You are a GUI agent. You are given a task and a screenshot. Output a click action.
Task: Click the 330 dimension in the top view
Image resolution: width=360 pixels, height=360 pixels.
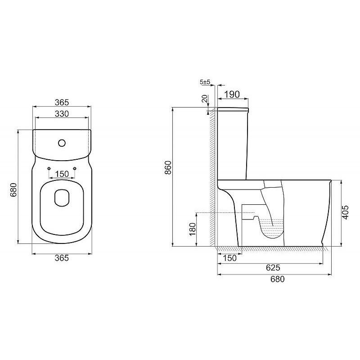pyautogui.click(x=62, y=114)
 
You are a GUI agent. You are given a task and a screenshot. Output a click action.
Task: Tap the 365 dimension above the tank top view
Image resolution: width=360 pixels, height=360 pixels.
pyautogui.click(x=62, y=103)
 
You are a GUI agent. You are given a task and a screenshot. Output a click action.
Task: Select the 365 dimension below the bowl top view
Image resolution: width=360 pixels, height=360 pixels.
pyautogui.click(x=62, y=258)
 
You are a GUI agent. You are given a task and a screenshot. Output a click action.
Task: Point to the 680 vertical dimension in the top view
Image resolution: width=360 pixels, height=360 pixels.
pyautogui.click(x=13, y=190)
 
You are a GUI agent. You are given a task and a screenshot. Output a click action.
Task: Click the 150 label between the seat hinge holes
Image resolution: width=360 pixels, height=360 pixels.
pyautogui.click(x=62, y=174)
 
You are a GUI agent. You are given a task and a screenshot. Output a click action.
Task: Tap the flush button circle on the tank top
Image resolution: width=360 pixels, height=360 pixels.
pyautogui.click(x=62, y=143)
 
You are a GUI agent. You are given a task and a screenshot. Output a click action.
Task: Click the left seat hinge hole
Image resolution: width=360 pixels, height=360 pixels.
pyautogui.click(x=49, y=169)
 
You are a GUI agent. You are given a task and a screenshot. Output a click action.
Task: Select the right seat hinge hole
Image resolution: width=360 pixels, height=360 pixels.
pyautogui.click(x=75, y=169)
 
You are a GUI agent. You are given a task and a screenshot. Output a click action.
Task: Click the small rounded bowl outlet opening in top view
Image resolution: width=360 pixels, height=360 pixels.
pyautogui.click(x=62, y=198)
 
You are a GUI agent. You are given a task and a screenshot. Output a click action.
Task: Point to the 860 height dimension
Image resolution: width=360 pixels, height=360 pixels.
pyautogui.click(x=168, y=167)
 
